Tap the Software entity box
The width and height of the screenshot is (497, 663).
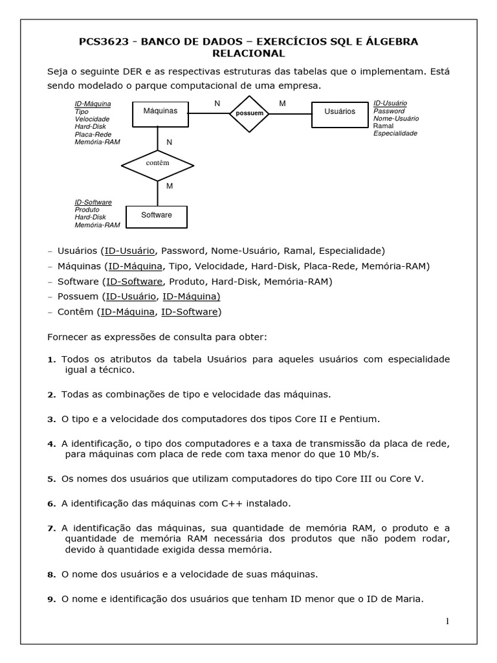coord(157,215)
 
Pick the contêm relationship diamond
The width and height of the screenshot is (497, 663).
coord(157,163)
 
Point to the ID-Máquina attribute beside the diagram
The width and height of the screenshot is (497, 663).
coord(93,104)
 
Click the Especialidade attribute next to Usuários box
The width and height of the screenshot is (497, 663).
coord(395,133)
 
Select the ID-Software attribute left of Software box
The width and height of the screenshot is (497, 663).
coord(93,203)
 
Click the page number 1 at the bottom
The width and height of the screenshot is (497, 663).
coord(447,622)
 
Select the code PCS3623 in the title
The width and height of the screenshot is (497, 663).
coord(102,42)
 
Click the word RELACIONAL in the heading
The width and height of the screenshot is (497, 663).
coord(249,53)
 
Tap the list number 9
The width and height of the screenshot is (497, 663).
coord(52,600)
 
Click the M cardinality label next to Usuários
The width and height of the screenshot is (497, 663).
coord(282,104)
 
